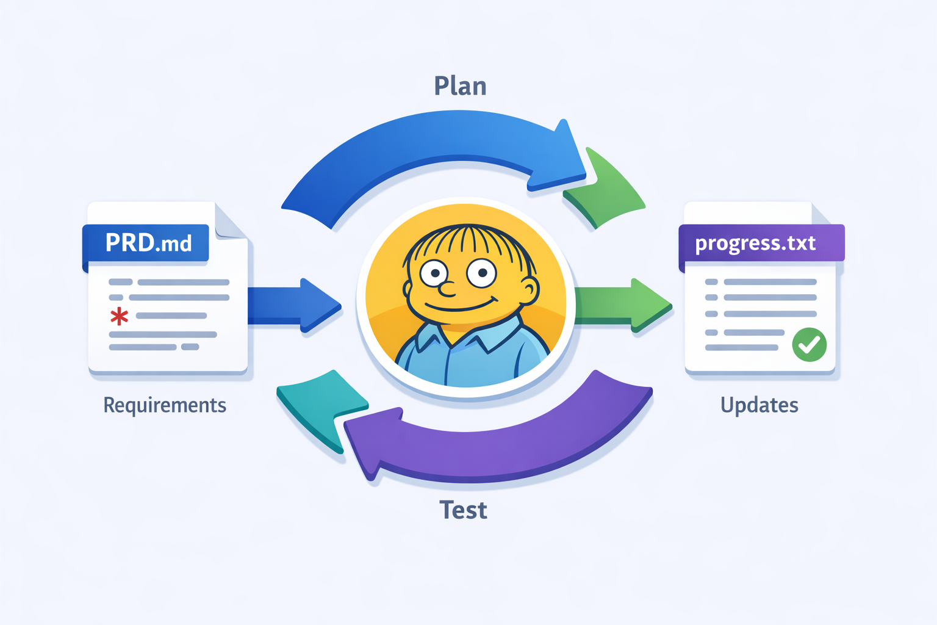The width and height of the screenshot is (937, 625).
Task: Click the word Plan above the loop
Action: (x=460, y=86)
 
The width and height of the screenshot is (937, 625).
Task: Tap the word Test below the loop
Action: (x=463, y=510)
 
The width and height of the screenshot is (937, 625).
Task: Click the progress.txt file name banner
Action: (x=760, y=243)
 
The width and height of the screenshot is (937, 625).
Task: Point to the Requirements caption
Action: (x=165, y=405)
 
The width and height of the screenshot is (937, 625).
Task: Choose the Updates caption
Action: (x=759, y=405)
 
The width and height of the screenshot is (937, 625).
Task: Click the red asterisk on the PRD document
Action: (x=119, y=316)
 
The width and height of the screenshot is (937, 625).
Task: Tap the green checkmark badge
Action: (x=809, y=344)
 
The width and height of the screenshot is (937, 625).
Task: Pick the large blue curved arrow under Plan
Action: (x=427, y=146)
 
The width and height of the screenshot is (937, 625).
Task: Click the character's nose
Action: (x=447, y=289)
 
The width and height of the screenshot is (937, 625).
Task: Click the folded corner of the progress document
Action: (x=820, y=214)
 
